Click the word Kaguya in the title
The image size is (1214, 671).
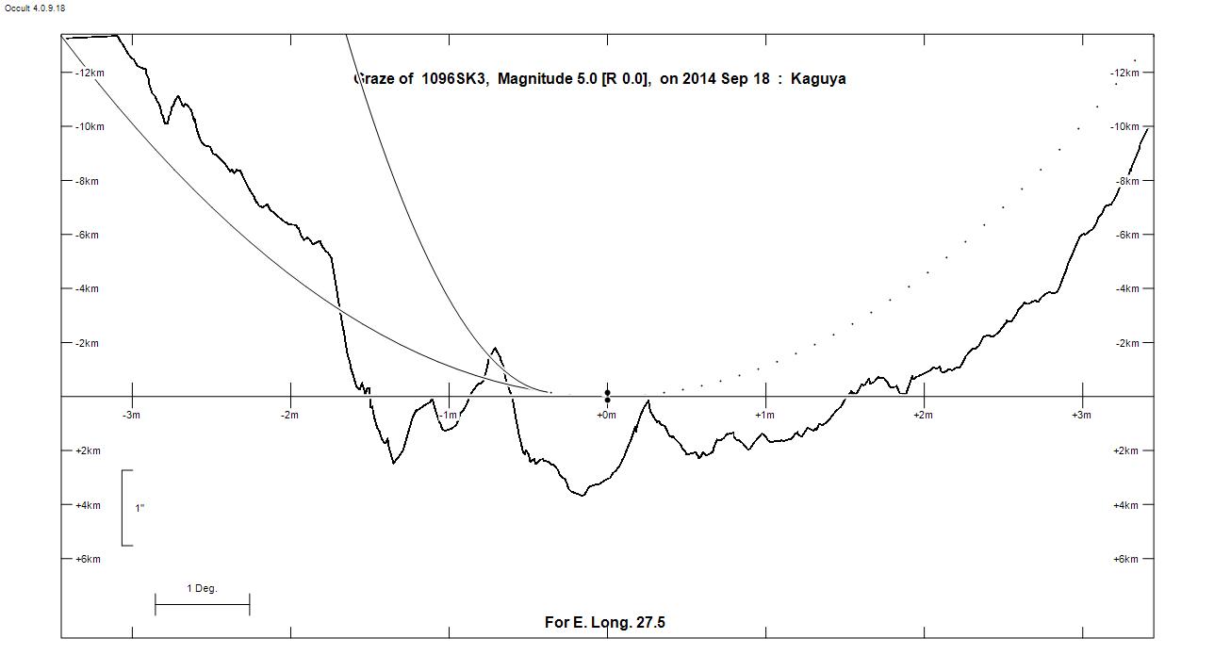click(x=818, y=79)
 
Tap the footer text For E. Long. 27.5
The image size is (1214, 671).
click(x=604, y=622)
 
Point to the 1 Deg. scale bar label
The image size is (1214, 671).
click(x=202, y=588)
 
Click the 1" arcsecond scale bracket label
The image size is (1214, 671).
click(x=139, y=508)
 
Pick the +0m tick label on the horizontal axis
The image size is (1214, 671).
click(x=606, y=415)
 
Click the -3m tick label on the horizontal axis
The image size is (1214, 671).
click(x=131, y=415)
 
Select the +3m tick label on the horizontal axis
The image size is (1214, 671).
click(x=1081, y=415)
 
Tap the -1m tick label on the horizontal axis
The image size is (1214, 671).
click(x=448, y=415)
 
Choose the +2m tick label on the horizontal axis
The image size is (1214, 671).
click(x=923, y=415)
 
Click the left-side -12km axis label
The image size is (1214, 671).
click(x=89, y=73)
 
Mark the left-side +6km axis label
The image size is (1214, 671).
click(x=88, y=559)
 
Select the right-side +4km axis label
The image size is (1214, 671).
click(x=1125, y=505)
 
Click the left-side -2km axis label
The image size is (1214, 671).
click(x=87, y=343)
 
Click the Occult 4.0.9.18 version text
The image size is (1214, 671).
click(x=35, y=8)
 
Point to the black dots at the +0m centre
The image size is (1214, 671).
click(x=607, y=396)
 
